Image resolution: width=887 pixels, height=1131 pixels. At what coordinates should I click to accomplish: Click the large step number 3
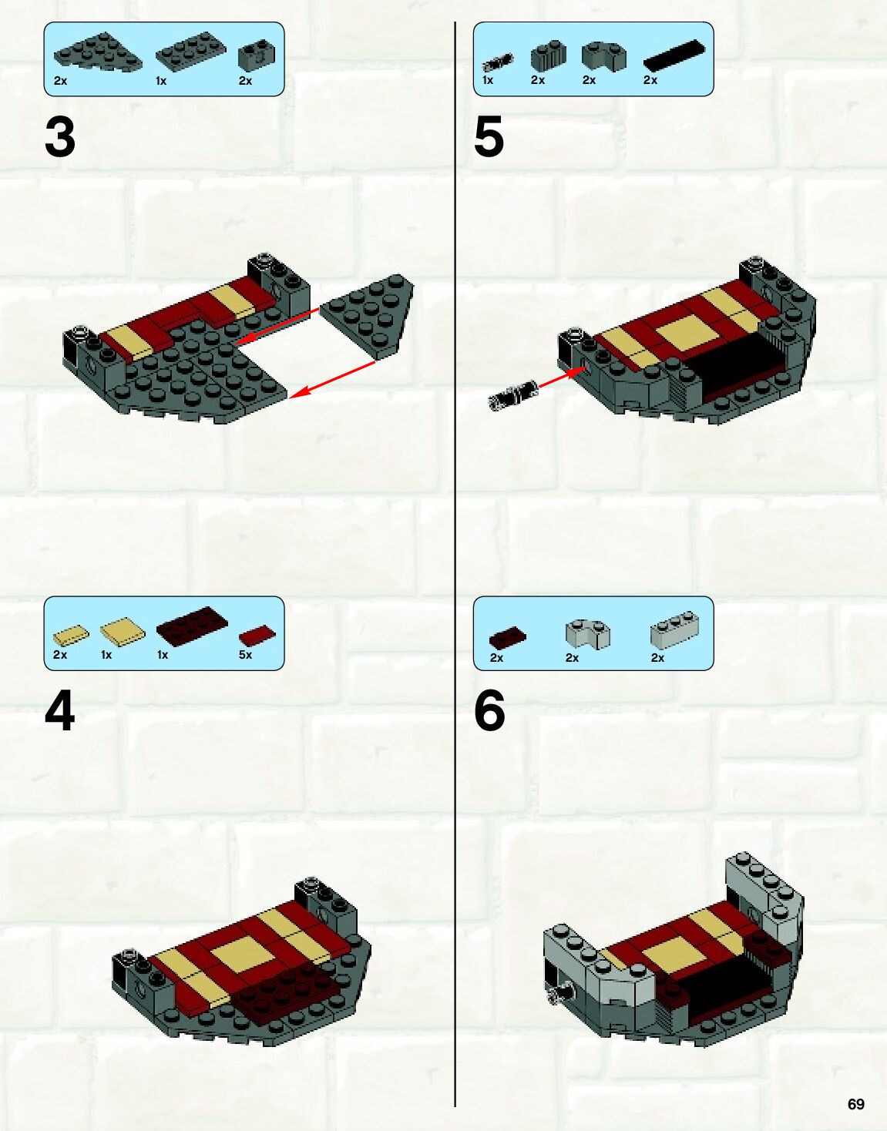click(x=60, y=137)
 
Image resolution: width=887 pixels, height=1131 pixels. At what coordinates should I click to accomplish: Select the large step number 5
click(x=489, y=137)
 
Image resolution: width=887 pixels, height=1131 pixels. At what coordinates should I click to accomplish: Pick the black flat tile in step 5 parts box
click(x=674, y=55)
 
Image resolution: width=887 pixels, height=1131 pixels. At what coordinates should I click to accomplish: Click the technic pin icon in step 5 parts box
click(x=498, y=62)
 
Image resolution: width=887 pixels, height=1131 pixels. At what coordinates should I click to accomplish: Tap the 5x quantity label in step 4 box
click(x=245, y=655)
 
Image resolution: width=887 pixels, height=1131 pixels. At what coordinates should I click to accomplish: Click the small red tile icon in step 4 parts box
click(x=257, y=636)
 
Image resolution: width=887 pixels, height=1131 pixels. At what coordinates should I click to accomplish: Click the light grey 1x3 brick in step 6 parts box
click(x=674, y=629)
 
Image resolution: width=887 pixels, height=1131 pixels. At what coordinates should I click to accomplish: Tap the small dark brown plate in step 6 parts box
click(x=508, y=637)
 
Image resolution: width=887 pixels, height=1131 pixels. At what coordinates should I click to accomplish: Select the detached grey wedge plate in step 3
click(x=367, y=317)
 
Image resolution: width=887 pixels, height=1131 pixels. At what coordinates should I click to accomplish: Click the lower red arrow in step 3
click(x=331, y=380)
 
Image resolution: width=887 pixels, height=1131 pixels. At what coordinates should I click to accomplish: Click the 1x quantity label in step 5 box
click(x=488, y=80)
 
